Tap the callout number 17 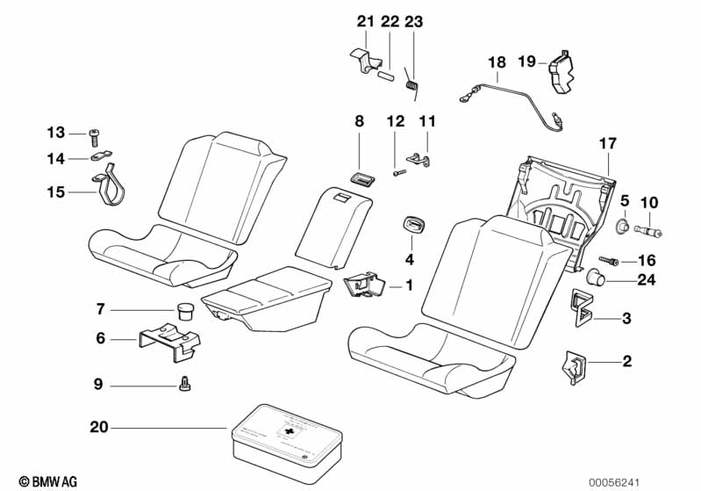(609, 142)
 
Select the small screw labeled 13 (94, 135)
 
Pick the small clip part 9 (184, 383)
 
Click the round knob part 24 (597, 280)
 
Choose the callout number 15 (56, 191)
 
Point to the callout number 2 (626, 361)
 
